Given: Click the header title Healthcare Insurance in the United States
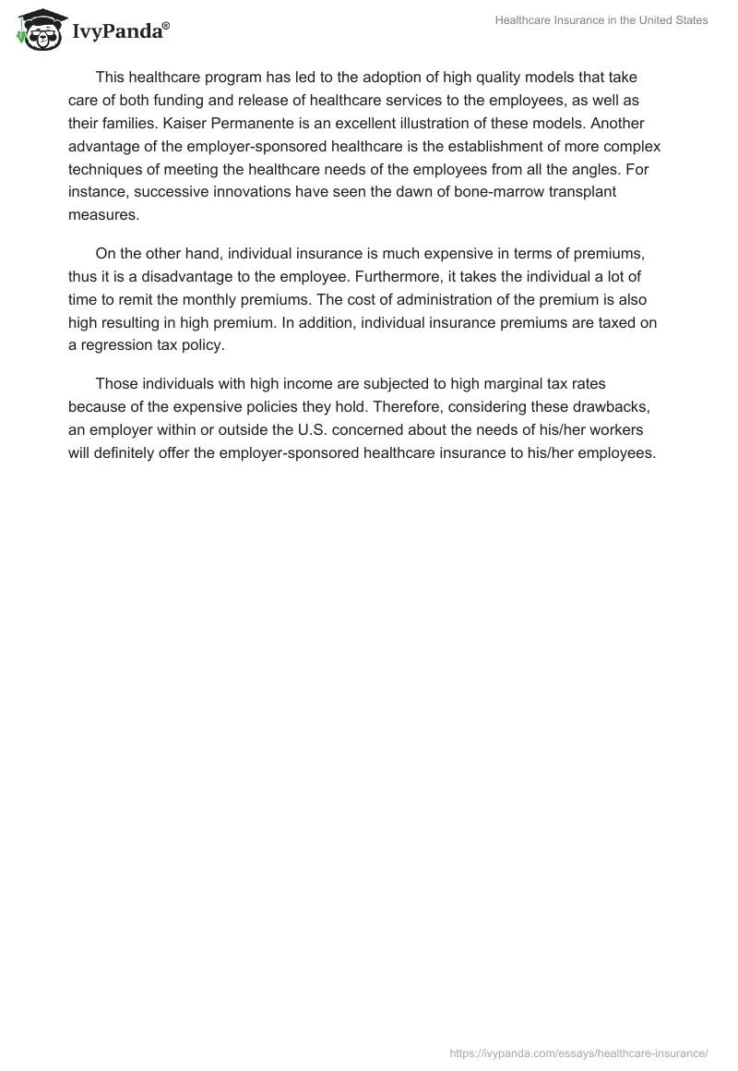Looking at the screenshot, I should [601, 20].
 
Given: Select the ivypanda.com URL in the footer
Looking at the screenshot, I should [578, 1052].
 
